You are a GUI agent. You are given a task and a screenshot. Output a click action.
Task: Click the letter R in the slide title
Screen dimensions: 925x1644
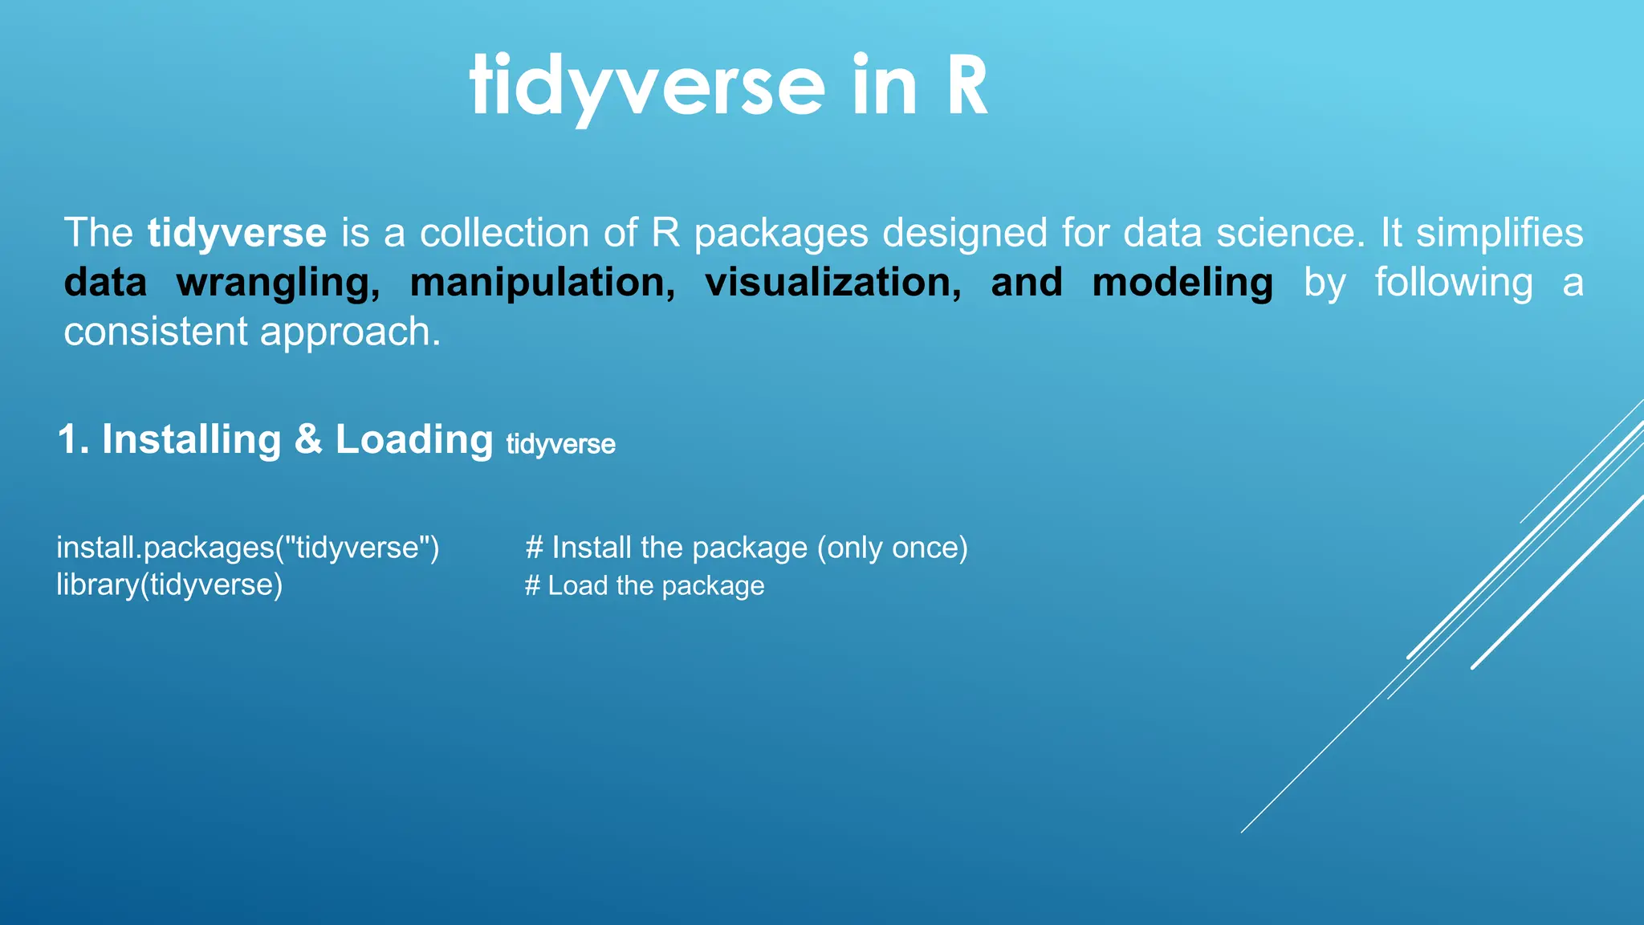click(x=967, y=87)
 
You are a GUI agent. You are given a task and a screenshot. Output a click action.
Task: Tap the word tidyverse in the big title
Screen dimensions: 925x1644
click(x=647, y=87)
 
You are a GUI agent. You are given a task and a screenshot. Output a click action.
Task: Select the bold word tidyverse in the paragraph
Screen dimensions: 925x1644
click(x=237, y=233)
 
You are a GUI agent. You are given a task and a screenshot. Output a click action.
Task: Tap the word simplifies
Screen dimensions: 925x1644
click(x=1499, y=233)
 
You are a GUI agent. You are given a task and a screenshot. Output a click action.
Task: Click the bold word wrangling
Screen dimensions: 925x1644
click(x=278, y=283)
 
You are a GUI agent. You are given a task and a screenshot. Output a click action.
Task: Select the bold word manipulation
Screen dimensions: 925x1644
click(x=543, y=283)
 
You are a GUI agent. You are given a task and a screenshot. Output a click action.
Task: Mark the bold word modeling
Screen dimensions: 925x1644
click(x=1182, y=283)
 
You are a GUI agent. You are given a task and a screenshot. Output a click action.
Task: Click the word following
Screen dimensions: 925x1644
click(x=1454, y=283)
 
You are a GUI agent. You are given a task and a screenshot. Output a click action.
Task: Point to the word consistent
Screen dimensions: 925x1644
click(x=156, y=332)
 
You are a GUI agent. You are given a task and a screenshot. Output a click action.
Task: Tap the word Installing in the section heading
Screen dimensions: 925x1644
click(x=191, y=440)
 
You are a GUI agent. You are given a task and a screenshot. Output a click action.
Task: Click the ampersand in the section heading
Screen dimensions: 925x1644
click(x=308, y=440)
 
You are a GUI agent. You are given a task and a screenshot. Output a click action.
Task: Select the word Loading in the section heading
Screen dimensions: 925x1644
click(x=413, y=440)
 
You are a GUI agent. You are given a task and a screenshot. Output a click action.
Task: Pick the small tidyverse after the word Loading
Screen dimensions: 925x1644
click(x=560, y=444)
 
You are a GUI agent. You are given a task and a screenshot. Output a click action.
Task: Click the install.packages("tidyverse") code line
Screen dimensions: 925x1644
click(x=247, y=548)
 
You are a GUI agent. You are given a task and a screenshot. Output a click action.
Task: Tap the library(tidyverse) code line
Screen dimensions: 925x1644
click(x=169, y=585)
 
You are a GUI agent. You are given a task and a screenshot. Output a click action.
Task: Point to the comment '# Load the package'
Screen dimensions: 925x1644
click(x=645, y=585)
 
